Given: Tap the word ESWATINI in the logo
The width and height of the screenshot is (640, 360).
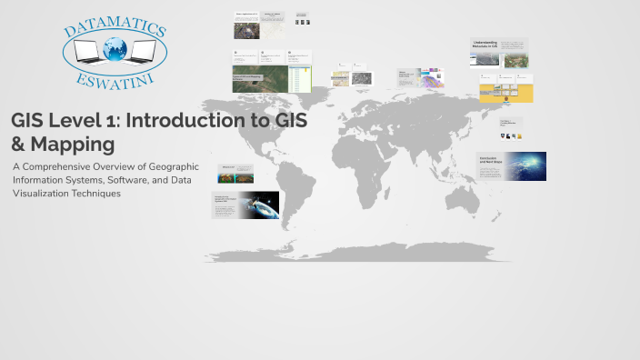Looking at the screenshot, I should coord(115,80).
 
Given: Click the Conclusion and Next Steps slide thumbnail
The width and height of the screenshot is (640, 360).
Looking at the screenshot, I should coord(511,166).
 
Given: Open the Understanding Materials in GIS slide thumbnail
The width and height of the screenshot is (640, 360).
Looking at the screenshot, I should coord(499,53).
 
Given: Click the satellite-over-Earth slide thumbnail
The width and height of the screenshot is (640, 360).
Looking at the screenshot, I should coord(245,205).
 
